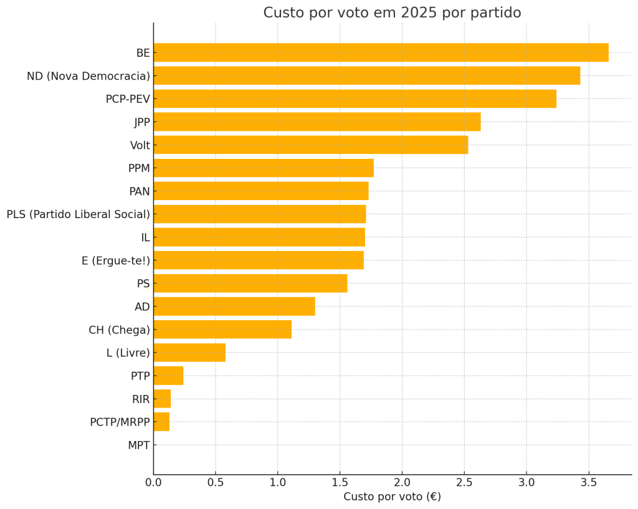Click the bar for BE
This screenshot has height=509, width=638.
[x=381, y=53]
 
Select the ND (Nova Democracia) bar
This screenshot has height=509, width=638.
[x=366, y=76]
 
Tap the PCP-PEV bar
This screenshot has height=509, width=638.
[x=355, y=99]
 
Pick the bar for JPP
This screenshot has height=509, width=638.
[x=317, y=122]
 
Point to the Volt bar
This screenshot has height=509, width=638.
[x=310, y=145]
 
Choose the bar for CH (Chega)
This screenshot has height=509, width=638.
[x=222, y=330]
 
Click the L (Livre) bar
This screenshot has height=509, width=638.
[x=189, y=353]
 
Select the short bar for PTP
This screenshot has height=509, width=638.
[x=168, y=376]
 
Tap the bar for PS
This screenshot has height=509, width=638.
[x=250, y=283]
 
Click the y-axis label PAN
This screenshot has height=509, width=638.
[x=139, y=191]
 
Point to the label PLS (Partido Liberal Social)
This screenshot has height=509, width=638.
[x=79, y=214]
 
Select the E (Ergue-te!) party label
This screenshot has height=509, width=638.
[x=116, y=260]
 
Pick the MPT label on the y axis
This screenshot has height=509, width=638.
[x=138, y=445]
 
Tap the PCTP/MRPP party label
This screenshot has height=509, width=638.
[x=120, y=422]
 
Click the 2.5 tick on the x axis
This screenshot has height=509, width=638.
[x=464, y=482]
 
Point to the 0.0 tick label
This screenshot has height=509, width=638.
[x=153, y=482]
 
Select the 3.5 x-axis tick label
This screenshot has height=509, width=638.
[x=588, y=482]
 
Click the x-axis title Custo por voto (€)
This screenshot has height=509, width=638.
[x=392, y=497]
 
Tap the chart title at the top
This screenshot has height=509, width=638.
[x=392, y=13]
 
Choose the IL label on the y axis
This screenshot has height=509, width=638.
[x=145, y=237]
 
